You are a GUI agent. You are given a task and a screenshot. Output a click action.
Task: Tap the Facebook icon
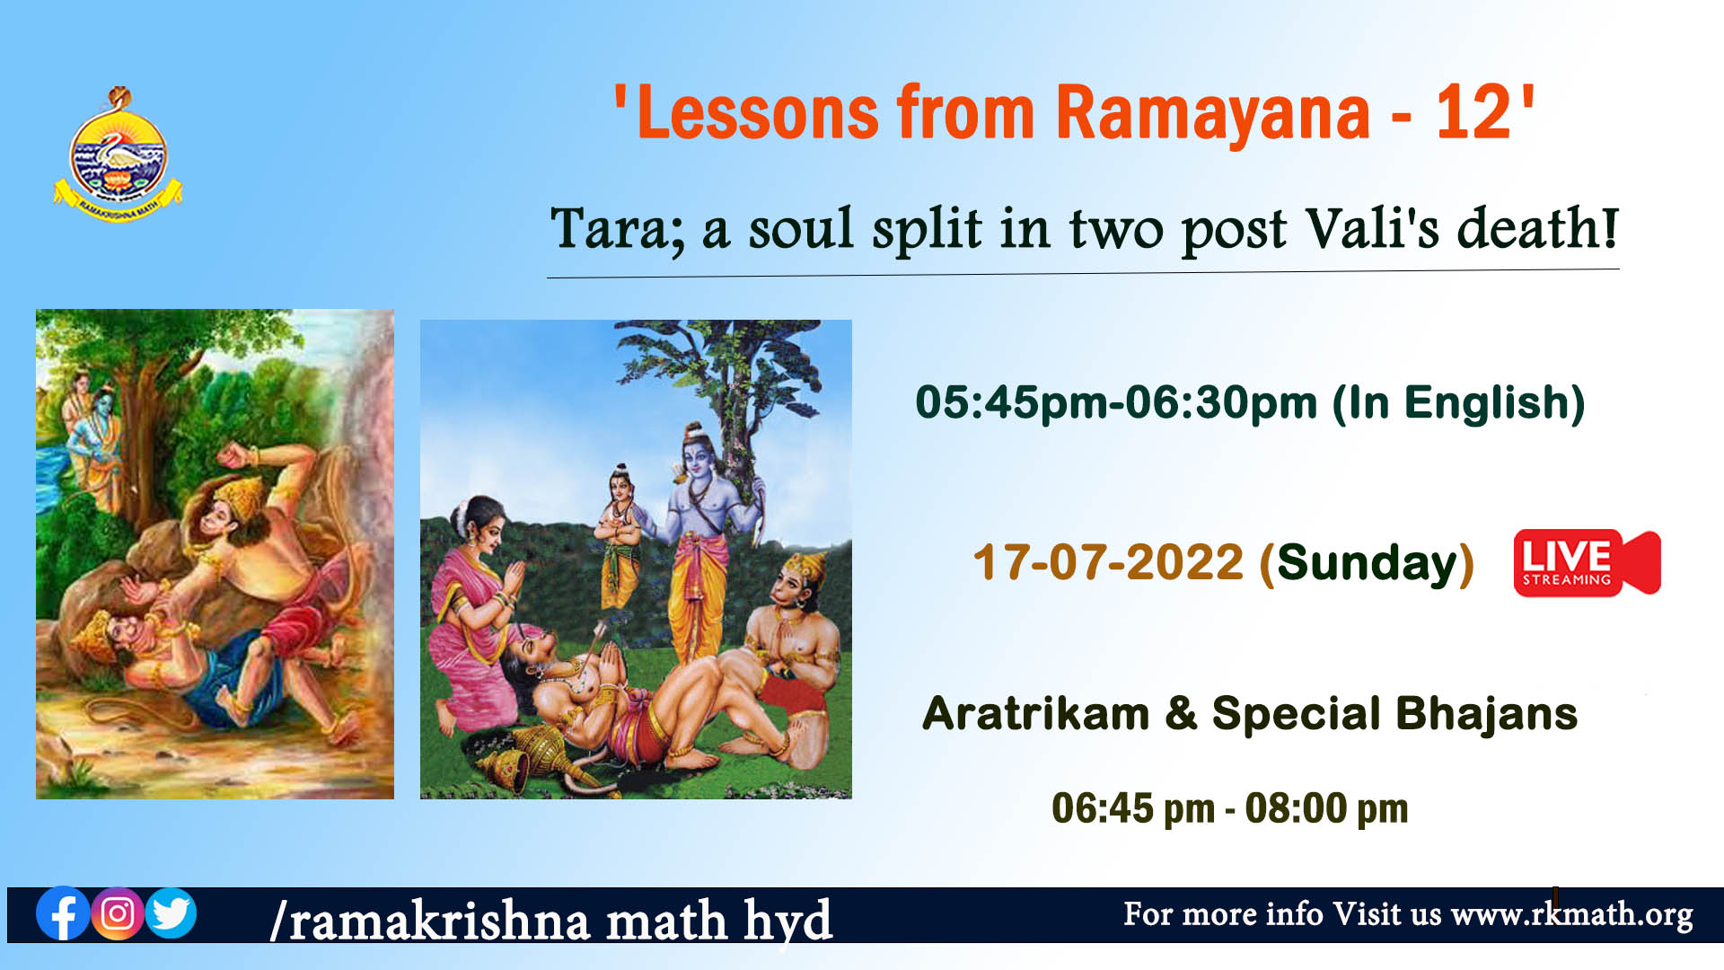(63, 913)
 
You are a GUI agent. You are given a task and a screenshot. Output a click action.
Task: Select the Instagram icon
(117, 913)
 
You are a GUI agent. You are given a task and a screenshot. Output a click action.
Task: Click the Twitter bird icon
(171, 913)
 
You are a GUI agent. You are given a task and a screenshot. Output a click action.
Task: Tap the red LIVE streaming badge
(1587, 562)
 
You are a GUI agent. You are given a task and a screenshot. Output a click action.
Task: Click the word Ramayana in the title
(1212, 114)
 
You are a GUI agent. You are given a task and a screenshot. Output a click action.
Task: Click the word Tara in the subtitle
(616, 230)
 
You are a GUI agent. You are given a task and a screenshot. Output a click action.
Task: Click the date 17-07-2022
(1108, 562)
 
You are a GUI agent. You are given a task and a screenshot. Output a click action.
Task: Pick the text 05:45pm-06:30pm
(1116, 402)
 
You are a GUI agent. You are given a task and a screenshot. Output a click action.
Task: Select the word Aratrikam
(1035, 714)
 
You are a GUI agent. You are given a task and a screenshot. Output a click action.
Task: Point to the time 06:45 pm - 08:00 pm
(1229, 808)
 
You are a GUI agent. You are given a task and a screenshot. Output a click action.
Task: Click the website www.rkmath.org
(1571, 914)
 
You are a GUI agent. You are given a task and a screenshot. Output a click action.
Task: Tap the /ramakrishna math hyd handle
(551, 921)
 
